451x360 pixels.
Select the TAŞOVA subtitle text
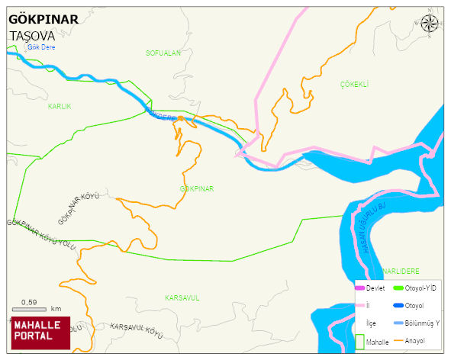[31, 36]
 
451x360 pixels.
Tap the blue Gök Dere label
[41, 47]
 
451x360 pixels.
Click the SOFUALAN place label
[163, 53]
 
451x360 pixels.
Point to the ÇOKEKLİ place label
[354, 84]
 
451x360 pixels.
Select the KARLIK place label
[59, 107]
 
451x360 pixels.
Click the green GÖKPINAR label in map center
[197, 188]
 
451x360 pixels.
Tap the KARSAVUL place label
[182, 298]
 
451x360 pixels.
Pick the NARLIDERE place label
[401, 271]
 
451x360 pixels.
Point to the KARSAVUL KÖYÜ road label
[137, 330]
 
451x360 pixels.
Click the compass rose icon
[430, 23]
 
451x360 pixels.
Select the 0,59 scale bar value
[29, 302]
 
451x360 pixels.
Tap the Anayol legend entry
[414, 339]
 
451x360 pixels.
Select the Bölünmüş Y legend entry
[420, 323]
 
